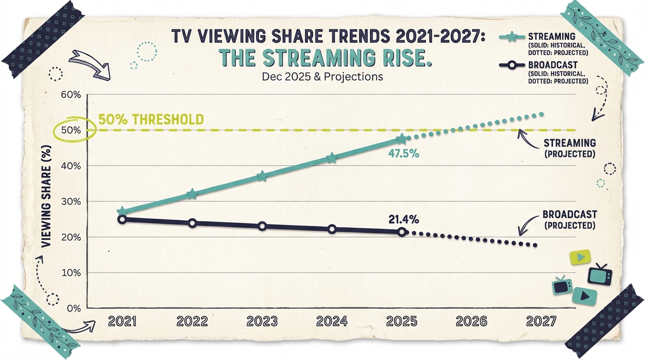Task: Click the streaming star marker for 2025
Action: click(402, 139)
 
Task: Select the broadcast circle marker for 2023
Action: click(262, 226)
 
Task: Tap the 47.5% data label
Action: click(403, 153)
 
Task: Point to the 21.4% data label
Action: click(404, 219)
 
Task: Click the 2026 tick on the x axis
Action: click(472, 322)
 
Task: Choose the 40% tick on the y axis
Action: click(71, 166)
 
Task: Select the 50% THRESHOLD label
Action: click(151, 120)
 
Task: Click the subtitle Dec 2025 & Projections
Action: click(322, 76)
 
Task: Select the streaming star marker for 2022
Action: click(192, 194)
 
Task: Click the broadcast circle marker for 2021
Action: click(122, 219)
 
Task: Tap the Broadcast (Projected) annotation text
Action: click(570, 219)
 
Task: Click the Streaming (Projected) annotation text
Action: click(570, 148)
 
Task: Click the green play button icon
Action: click(580, 257)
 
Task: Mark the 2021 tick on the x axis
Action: click(122, 322)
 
